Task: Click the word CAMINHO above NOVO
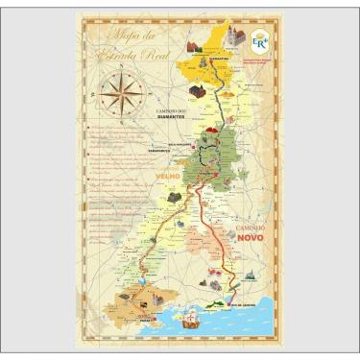pyautogui.click(x=253, y=224)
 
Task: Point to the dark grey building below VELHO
pyautogui.click(x=174, y=197)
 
